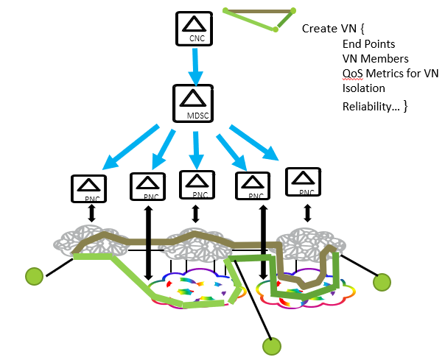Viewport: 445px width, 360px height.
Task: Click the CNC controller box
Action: pyautogui.click(x=193, y=27)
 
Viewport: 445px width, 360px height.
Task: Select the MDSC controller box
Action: pyautogui.click(x=193, y=103)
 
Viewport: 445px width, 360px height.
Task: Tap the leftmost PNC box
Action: pyautogui.click(x=88, y=188)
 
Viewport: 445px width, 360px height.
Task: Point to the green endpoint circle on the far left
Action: pyautogui.click(x=34, y=277)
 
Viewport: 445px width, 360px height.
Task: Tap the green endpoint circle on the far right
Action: pyautogui.click(x=382, y=281)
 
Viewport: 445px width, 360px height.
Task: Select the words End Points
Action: pyautogui.click(x=368, y=44)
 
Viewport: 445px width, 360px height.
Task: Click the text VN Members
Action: pyautogui.click(x=376, y=59)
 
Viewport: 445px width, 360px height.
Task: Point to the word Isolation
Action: pyautogui.click(x=364, y=88)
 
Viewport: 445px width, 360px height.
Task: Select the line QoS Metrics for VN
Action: pyautogui.click(x=390, y=74)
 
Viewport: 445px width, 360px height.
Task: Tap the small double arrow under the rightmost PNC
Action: pyautogui.click(x=306, y=213)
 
